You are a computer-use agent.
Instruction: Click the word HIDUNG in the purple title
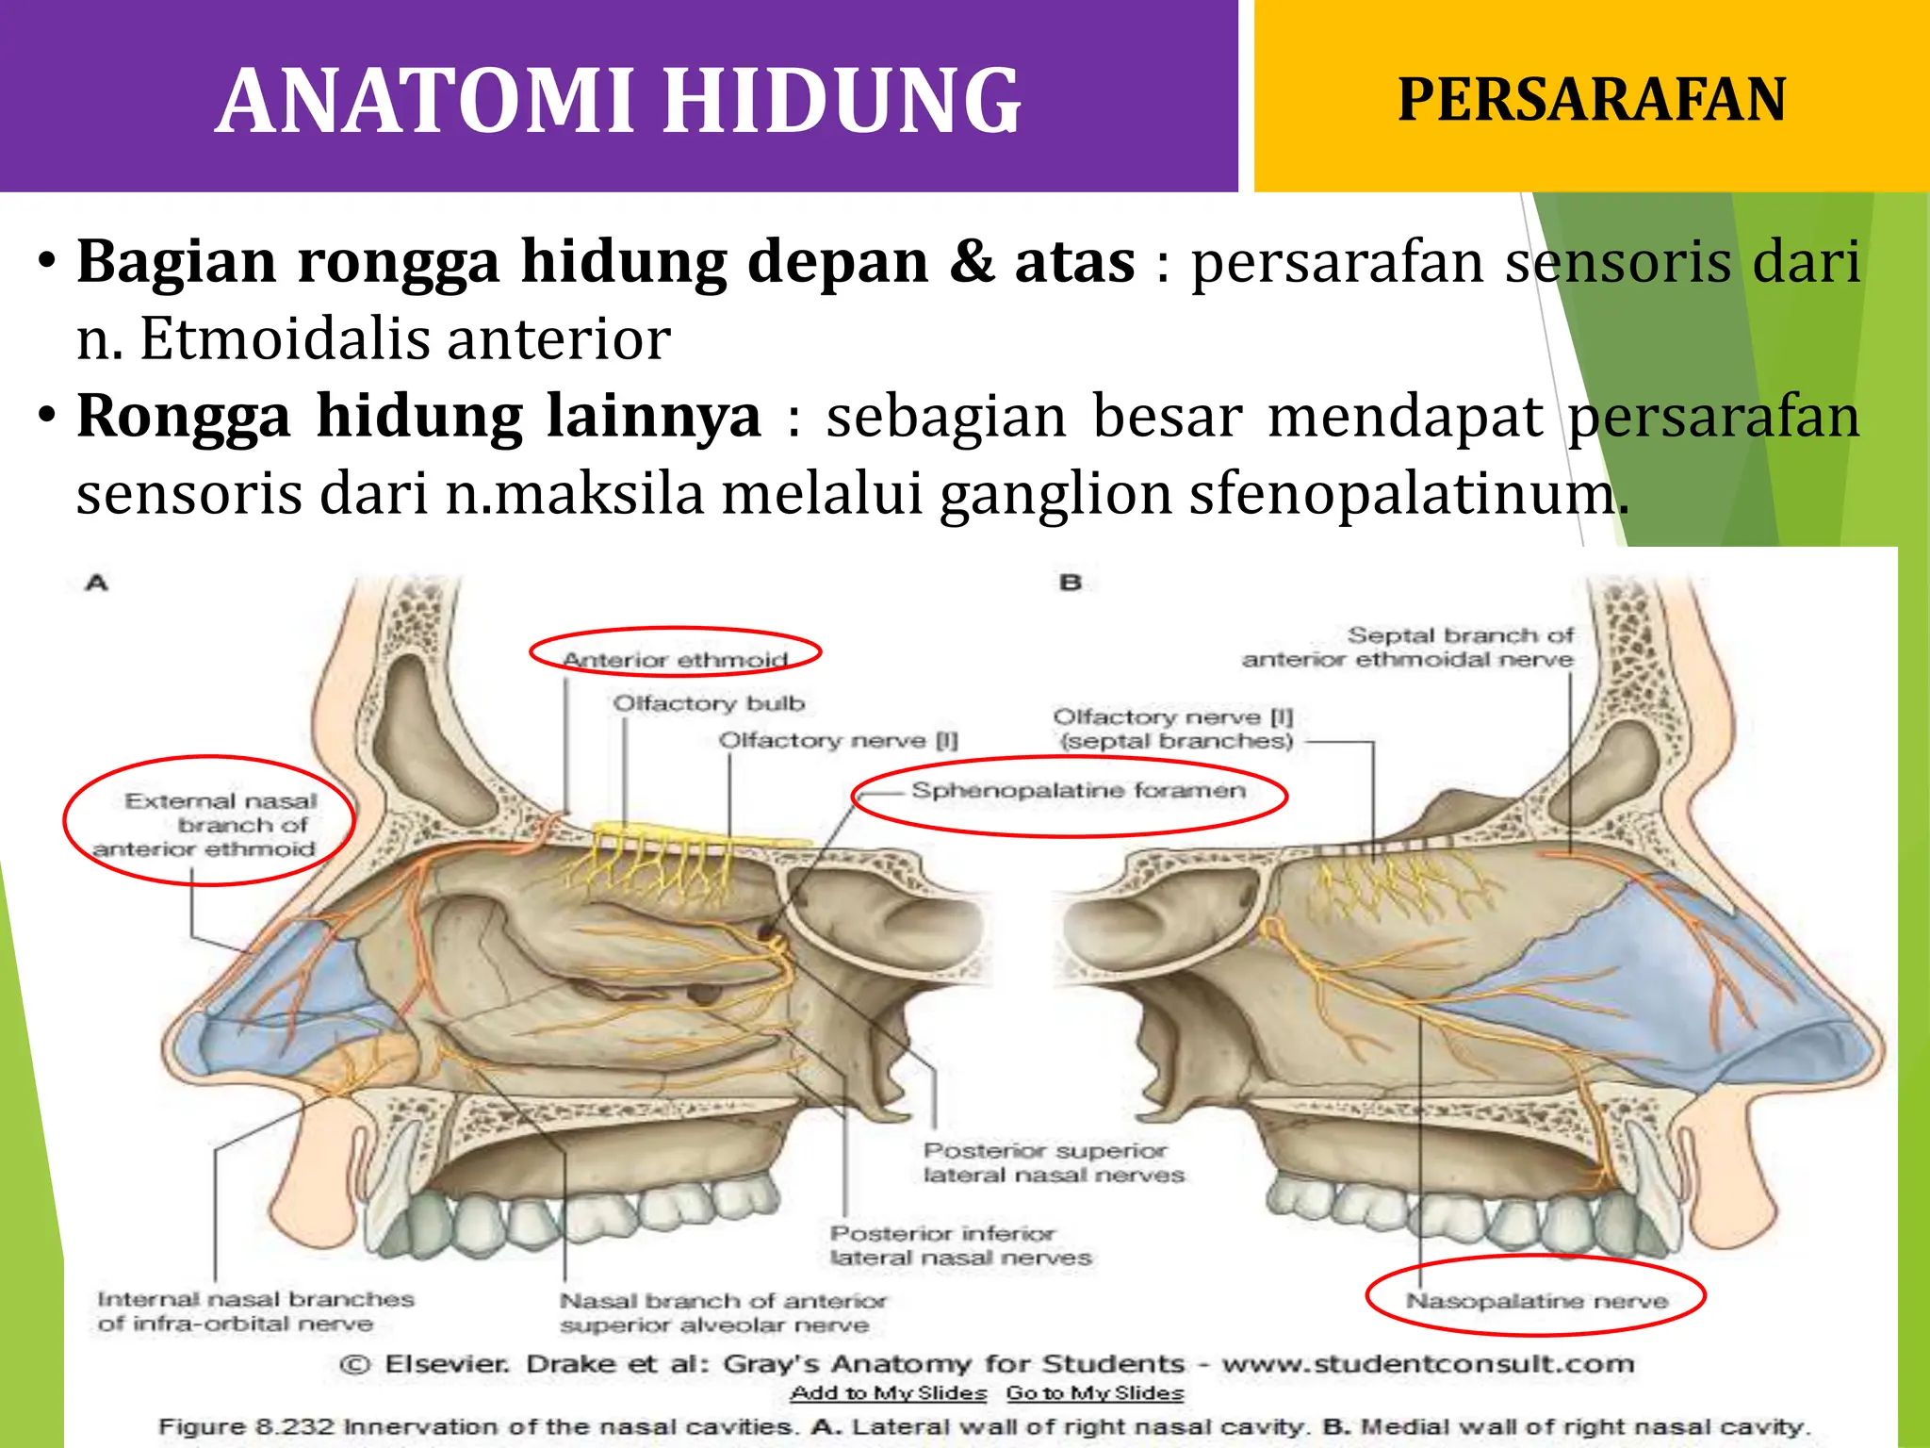click(x=842, y=101)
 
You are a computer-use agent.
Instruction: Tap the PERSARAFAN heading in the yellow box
click(x=1591, y=99)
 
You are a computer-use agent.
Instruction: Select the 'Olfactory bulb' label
click(x=709, y=703)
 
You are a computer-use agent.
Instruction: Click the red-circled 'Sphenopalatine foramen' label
click(x=1078, y=791)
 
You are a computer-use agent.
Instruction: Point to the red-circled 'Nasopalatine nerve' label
click(x=1536, y=1301)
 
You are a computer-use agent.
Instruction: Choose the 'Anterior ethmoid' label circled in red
click(x=676, y=659)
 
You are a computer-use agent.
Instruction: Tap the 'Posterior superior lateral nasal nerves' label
click(x=1054, y=1162)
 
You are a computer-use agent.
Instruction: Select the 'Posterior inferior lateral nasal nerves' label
click(x=960, y=1245)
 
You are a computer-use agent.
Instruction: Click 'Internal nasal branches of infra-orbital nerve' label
click(x=255, y=1311)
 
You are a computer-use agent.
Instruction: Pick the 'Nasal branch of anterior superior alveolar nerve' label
click(x=723, y=1312)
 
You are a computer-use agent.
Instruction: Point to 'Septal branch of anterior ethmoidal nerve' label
click(x=1408, y=647)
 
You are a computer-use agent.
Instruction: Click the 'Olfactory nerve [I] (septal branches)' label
click(x=1174, y=729)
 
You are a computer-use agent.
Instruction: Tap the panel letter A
click(x=97, y=583)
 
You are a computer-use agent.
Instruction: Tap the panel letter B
click(x=1071, y=583)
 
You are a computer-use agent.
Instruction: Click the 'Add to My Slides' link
click(x=889, y=1393)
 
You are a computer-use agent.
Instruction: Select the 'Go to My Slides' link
click(x=1095, y=1393)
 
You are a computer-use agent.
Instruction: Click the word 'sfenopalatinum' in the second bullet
click(x=1407, y=493)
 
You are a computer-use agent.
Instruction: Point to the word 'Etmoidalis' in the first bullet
click(x=287, y=338)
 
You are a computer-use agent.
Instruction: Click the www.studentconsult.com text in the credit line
click(x=1428, y=1364)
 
